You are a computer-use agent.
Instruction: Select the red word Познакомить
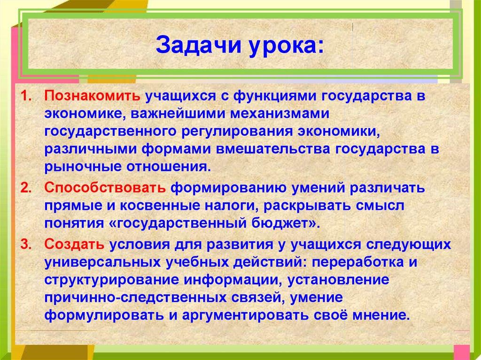click(93, 97)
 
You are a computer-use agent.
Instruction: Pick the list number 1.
click(27, 97)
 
